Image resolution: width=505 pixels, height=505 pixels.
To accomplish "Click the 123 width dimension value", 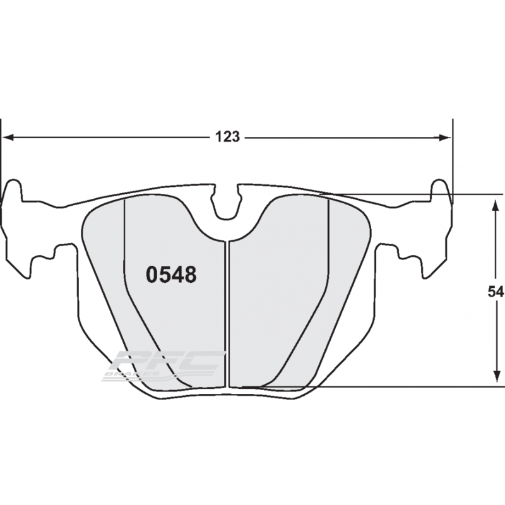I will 229,136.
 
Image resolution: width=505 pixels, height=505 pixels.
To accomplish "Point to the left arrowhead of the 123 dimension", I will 9,136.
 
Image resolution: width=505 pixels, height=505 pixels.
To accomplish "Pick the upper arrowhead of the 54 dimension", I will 492,201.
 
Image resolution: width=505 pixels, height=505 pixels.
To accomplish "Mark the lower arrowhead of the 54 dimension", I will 492,380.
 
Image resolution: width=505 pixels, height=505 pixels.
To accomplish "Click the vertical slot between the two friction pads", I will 227,316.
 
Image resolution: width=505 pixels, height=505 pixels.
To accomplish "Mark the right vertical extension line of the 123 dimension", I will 453,158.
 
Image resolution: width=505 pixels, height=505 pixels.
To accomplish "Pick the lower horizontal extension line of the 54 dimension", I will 410,386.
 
